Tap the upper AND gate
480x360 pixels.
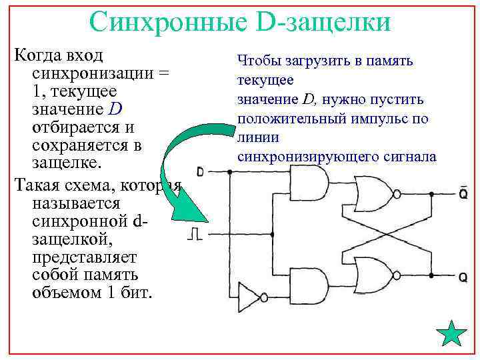coord(311,183)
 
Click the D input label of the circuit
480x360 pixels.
coord(200,172)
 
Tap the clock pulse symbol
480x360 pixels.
coord(194,233)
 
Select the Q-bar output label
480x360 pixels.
coord(462,193)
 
